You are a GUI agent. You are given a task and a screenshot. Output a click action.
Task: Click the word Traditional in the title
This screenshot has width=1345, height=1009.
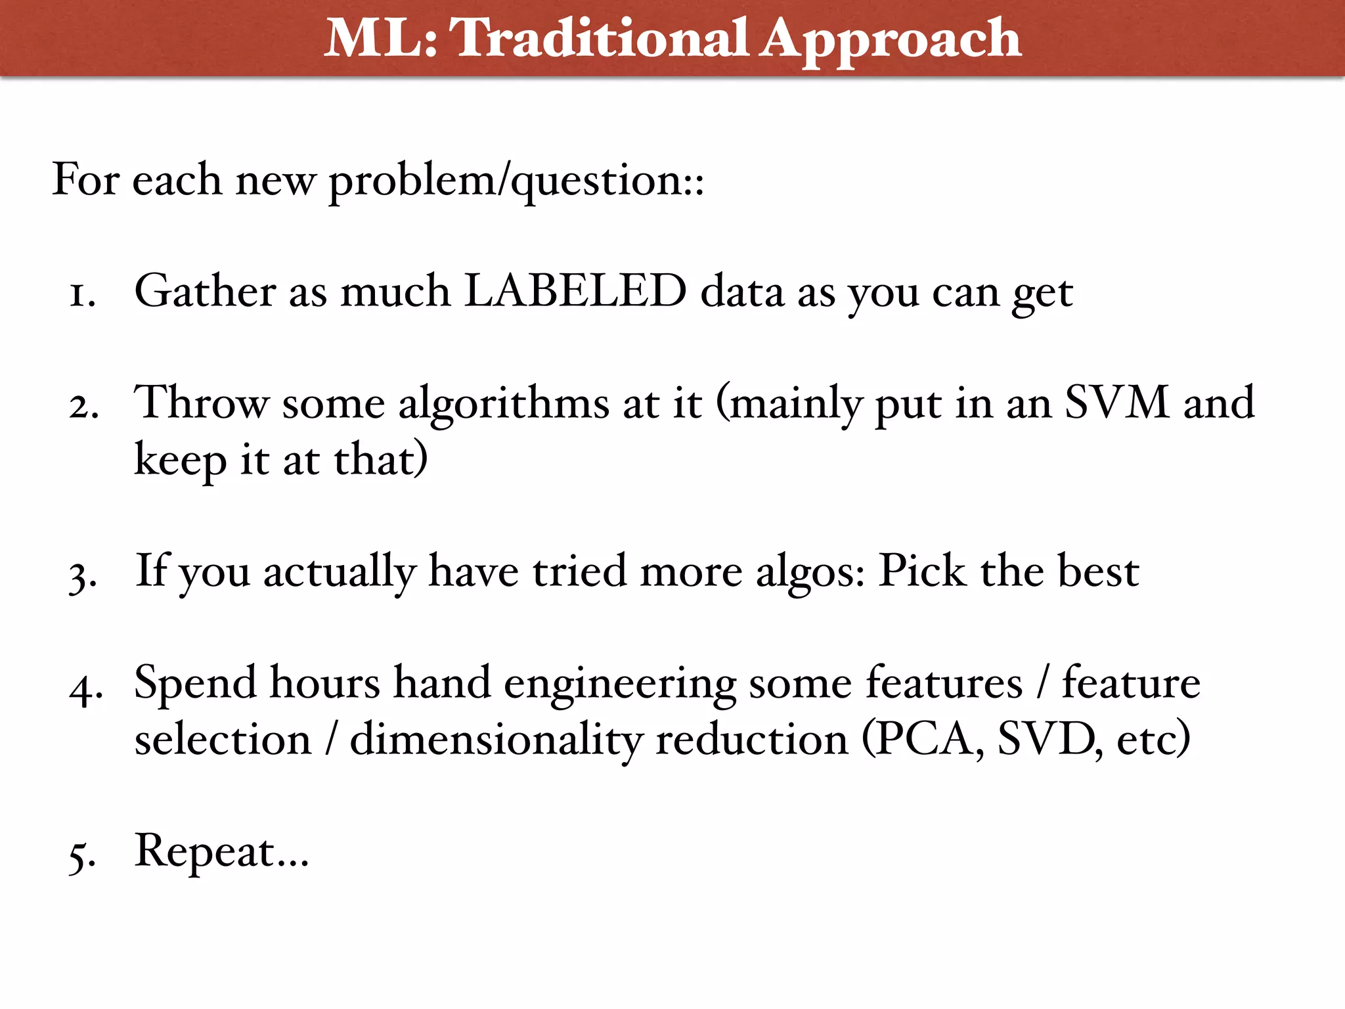pos(600,38)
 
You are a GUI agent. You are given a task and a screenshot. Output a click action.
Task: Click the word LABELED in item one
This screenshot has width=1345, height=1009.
pos(575,291)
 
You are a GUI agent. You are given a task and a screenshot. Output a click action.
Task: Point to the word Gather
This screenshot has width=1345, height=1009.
pos(205,291)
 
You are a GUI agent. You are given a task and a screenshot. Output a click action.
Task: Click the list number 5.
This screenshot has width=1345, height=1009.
pos(83,857)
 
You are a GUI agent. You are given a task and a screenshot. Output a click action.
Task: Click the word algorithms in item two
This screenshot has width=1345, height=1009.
pos(504,403)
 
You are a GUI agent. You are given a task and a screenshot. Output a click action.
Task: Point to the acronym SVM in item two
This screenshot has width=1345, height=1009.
pos(1116,402)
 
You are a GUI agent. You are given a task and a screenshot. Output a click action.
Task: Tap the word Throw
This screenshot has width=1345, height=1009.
pos(202,402)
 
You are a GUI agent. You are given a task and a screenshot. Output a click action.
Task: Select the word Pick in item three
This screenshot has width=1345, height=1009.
pos(922,570)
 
